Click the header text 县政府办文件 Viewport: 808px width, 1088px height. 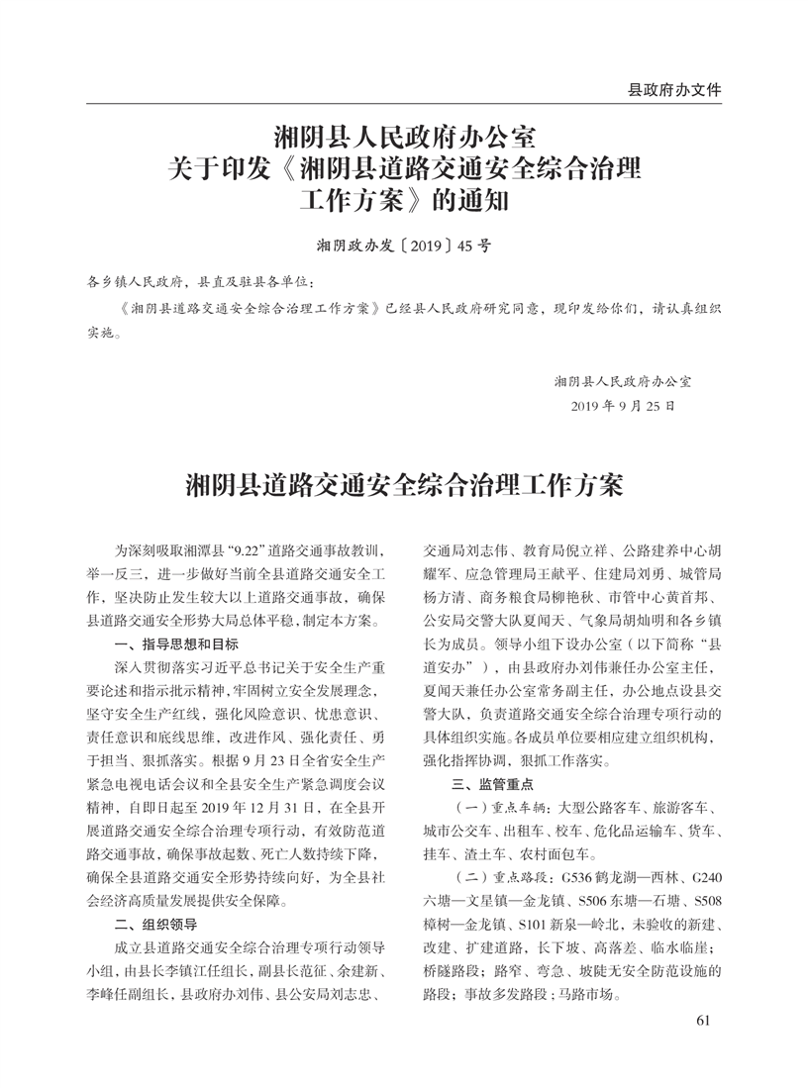674,90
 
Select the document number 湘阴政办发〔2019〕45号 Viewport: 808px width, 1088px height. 403,245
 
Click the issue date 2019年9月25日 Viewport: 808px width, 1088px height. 624,405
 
